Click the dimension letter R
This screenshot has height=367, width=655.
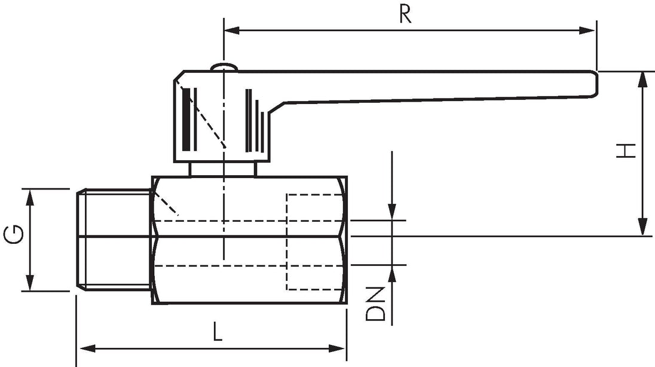point(405,14)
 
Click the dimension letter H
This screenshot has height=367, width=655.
point(626,151)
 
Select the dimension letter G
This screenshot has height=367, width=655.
point(14,234)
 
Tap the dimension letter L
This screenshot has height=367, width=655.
point(216,332)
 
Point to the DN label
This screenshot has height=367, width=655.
point(375,304)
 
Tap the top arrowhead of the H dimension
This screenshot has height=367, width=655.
point(642,79)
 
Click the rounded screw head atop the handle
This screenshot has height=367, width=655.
point(224,67)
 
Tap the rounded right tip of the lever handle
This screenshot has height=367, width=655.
point(594,84)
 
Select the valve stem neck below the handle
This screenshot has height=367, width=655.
point(222,169)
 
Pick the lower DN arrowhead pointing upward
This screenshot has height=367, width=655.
point(392,273)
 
